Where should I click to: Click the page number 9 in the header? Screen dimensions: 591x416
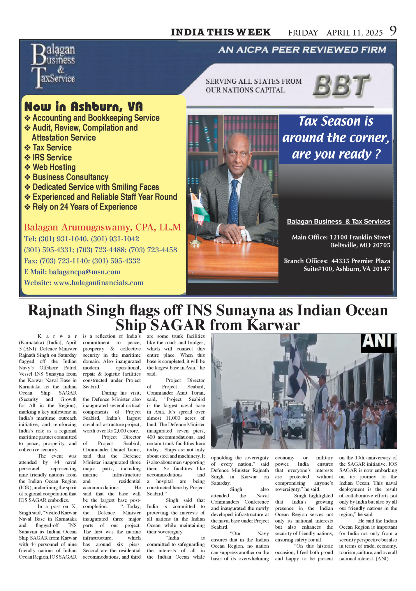(393, 31)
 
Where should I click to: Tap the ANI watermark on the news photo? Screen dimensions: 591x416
(378, 342)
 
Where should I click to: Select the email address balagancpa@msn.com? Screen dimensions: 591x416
(85, 272)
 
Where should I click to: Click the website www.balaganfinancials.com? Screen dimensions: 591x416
(98, 283)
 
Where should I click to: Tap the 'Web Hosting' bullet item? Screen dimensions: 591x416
(54, 167)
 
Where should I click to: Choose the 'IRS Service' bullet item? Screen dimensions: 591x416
(52, 157)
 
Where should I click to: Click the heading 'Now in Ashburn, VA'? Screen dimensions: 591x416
(84, 107)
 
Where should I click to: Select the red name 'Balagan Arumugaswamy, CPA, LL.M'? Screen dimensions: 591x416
(102, 227)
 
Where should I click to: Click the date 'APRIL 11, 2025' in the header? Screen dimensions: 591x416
(355, 33)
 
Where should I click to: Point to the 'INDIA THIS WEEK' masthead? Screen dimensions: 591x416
(221, 32)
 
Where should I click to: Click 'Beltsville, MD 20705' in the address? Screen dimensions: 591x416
(360, 245)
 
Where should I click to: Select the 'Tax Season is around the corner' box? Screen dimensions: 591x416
(335, 138)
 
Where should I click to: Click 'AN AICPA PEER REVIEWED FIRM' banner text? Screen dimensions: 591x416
(302, 50)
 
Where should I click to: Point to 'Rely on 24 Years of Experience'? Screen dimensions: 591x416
(84, 207)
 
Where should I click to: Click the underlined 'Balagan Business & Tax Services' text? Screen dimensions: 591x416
(339, 221)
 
